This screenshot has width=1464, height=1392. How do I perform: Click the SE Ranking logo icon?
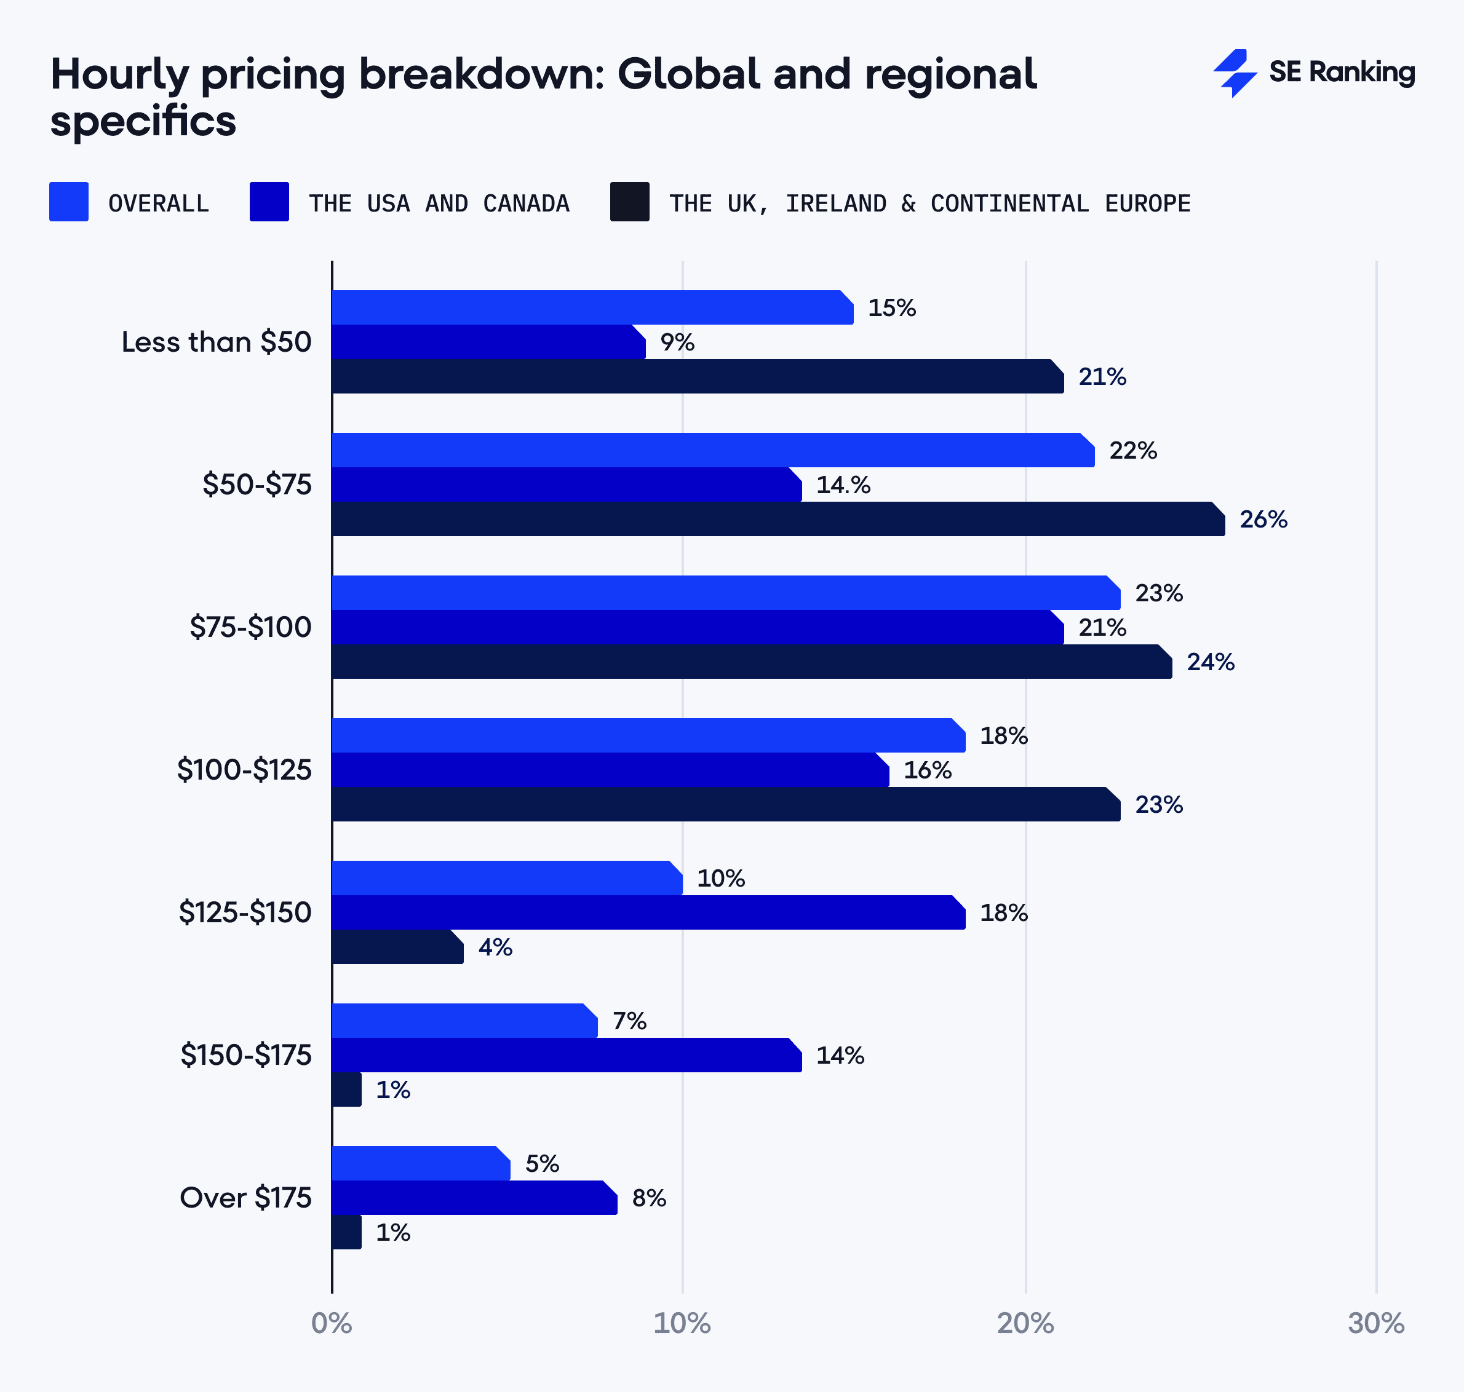[x=1235, y=73]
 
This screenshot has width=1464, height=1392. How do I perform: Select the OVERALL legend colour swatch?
[x=68, y=201]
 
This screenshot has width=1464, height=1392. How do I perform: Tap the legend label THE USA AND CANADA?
[x=439, y=204]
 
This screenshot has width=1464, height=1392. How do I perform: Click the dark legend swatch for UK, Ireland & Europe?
[x=629, y=201]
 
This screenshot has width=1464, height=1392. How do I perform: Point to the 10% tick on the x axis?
[x=682, y=1323]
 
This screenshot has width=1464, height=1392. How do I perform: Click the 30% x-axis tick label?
[x=1375, y=1323]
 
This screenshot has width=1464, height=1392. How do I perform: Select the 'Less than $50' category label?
[x=216, y=342]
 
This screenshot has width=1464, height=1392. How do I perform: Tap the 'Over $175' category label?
[x=245, y=1198]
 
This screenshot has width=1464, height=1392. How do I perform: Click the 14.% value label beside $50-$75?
[x=843, y=484]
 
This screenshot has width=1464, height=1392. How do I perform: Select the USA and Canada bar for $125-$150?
[x=646, y=912]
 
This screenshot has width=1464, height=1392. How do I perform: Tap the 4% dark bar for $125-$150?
[x=397, y=947]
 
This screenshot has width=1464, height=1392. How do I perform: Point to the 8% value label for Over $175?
[x=648, y=1198]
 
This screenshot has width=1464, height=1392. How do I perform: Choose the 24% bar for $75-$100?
[x=750, y=661]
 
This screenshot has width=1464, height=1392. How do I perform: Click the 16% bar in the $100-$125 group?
[x=609, y=769]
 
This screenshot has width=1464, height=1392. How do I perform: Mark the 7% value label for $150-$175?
[x=629, y=1021]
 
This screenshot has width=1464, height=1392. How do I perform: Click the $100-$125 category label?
[x=244, y=769]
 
